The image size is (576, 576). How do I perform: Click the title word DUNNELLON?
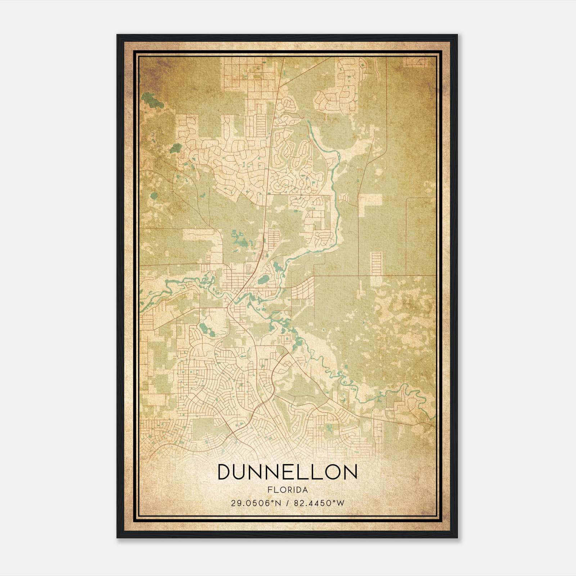pyautogui.click(x=287, y=472)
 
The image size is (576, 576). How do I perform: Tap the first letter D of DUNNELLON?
pyautogui.click(x=226, y=472)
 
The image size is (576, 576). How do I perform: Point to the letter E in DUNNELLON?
pyautogui.click(x=291, y=472)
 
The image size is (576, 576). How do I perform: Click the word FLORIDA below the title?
pyautogui.click(x=287, y=490)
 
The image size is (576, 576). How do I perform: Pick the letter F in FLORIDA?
pyautogui.click(x=269, y=490)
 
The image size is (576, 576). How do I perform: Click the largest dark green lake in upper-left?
pyautogui.click(x=152, y=100)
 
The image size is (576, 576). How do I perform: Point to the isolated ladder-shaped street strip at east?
pyautogui.click(x=376, y=264)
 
